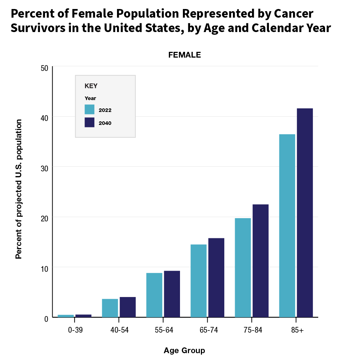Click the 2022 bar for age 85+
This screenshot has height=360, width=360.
(287, 226)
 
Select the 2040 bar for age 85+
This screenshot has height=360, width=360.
(305, 213)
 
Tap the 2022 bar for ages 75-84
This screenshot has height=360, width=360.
(243, 267)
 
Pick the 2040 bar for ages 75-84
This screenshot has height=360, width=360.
(260, 261)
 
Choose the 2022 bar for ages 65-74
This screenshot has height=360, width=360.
(198, 281)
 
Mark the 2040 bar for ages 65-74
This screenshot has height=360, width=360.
(216, 278)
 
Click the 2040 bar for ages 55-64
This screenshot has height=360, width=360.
(172, 294)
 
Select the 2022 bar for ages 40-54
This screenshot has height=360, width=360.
(110, 308)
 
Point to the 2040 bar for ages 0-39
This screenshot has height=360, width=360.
(83, 316)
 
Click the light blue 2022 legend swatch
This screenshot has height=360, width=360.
(89, 109)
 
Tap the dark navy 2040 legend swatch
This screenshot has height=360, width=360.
(89, 122)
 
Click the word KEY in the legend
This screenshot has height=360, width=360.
(91, 86)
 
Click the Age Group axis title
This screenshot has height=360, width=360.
(184, 350)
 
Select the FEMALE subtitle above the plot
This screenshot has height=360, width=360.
(184, 55)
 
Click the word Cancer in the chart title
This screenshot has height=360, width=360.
(294, 14)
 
